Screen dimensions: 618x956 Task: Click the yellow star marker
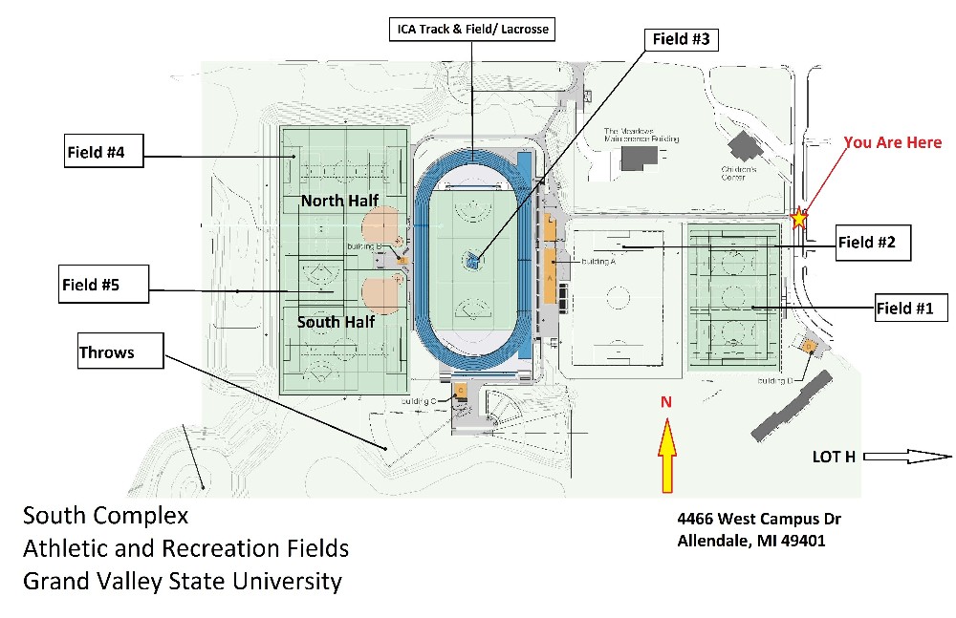point(799,219)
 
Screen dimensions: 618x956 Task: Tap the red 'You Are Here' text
point(892,142)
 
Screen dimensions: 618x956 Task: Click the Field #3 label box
point(681,39)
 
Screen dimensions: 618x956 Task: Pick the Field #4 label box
point(103,152)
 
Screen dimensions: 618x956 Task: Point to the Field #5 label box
point(103,285)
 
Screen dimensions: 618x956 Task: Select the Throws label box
point(119,352)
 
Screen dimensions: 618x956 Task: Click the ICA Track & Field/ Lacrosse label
point(472,30)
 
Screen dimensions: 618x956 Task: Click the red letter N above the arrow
point(665,401)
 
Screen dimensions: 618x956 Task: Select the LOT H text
point(834,457)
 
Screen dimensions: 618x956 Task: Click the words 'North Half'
point(339,201)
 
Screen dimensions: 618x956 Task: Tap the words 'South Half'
point(336,322)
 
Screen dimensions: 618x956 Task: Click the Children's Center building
point(743,146)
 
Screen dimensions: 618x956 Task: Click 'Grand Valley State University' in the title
point(182,581)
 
